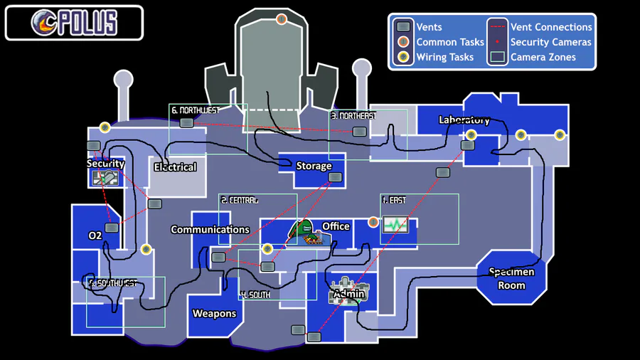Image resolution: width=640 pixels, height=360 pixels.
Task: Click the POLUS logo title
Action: pos(74,23)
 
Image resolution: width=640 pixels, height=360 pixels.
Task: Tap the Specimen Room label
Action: pos(511,278)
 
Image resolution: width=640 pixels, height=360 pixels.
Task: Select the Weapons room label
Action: pos(214,314)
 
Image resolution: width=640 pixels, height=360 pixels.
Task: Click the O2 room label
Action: pos(95,235)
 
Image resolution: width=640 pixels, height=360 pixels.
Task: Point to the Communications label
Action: pos(210,229)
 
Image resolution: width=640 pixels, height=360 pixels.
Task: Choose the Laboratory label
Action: pos(464,120)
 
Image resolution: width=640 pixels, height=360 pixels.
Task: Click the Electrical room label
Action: pos(175,167)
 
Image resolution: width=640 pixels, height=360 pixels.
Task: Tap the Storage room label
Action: pos(314,166)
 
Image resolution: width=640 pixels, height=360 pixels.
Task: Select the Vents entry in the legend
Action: pos(430,27)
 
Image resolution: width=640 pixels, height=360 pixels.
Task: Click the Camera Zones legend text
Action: pos(543,57)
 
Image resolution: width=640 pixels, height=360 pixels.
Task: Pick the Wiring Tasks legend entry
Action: pos(444,57)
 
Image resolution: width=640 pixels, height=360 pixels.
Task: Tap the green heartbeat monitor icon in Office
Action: pos(395,225)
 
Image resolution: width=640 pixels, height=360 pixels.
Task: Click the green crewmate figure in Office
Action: pos(302,229)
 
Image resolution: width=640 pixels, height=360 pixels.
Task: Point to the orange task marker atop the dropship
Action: pos(282,18)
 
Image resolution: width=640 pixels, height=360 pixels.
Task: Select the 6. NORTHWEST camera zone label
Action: pos(195,110)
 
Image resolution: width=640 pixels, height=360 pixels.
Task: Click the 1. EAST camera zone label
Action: pos(393,200)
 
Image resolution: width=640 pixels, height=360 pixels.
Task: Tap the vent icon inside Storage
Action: pos(336,176)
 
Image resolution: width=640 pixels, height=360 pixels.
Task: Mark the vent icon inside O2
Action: pos(112,228)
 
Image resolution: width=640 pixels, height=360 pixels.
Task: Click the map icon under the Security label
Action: pos(105,178)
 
